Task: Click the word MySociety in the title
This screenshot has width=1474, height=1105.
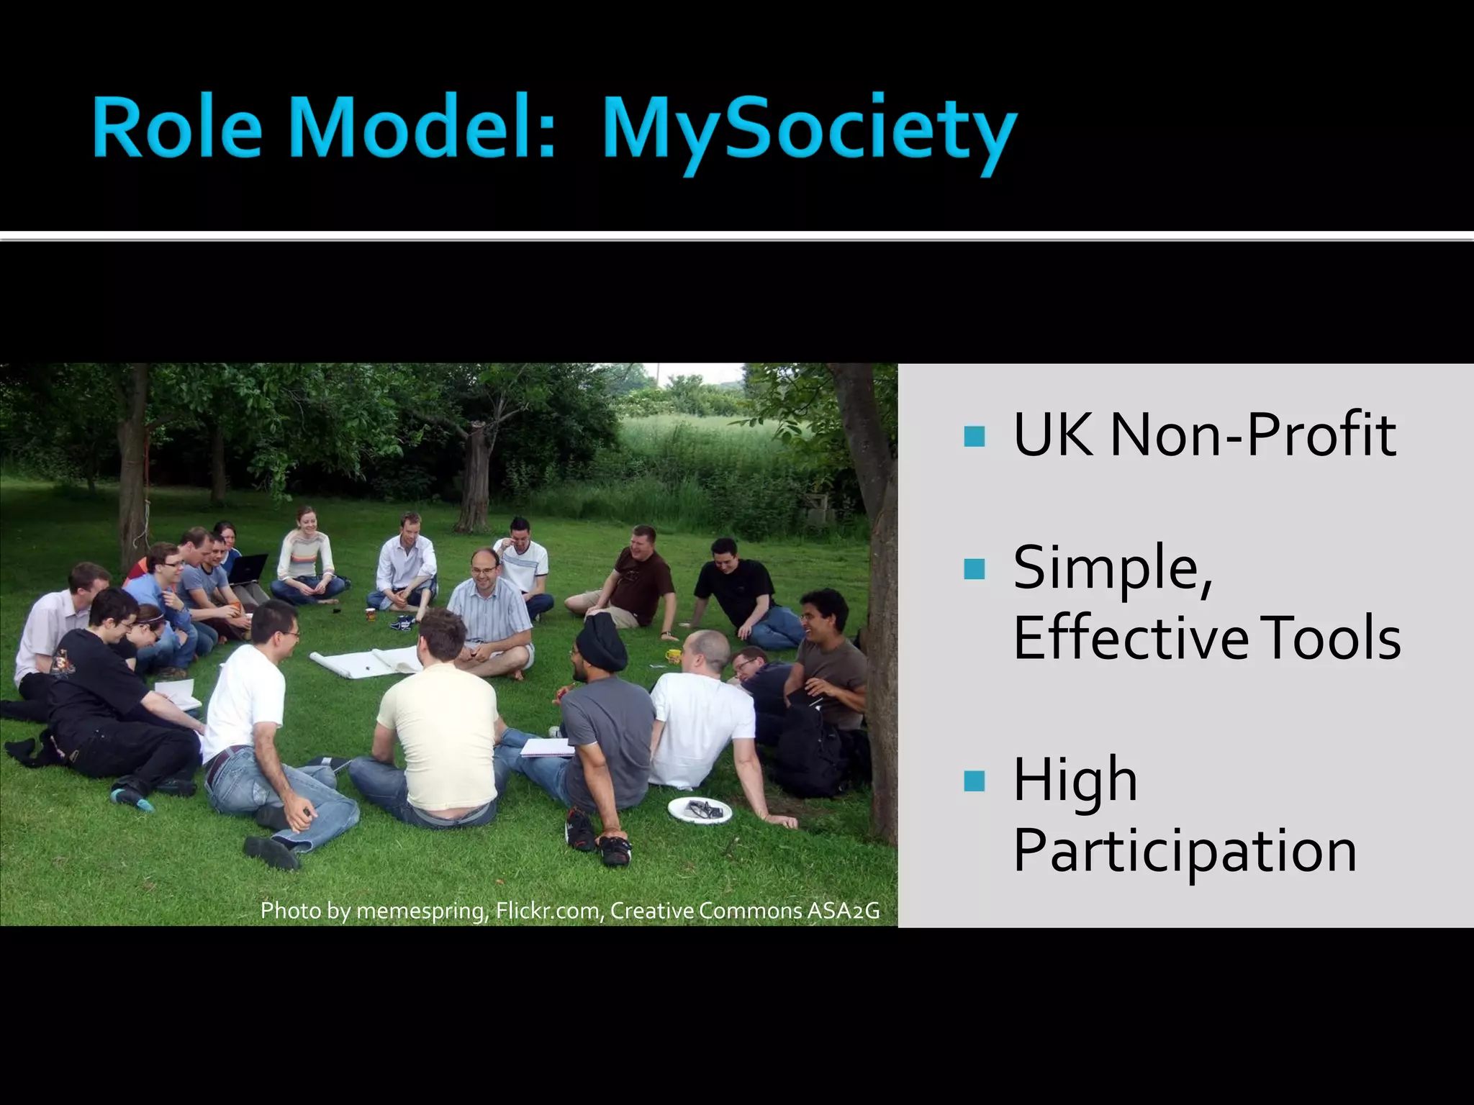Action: pyautogui.click(x=810, y=129)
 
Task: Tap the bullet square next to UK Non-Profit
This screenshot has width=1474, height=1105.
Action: pyautogui.click(x=974, y=436)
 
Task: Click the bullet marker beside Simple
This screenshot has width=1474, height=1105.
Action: pyautogui.click(x=974, y=569)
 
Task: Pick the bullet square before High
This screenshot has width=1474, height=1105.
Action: pyautogui.click(x=974, y=781)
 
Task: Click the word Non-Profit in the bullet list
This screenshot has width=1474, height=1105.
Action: pyautogui.click(x=1253, y=435)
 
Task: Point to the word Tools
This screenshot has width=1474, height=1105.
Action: pyautogui.click(x=1331, y=638)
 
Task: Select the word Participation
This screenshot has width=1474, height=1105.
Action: pyautogui.click(x=1185, y=851)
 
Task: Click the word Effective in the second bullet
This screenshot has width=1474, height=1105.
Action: pyautogui.click(x=1131, y=638)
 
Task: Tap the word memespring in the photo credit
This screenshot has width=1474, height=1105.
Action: pyautogui.click(x=422, y=911)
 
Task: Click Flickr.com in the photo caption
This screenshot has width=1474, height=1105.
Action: pyautogui.click(x=547, y=911)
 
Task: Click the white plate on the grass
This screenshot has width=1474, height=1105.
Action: pyautogui.click(x=700, y=811)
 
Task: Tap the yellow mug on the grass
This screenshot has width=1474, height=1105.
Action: pyautogui.click(x=673, y=655)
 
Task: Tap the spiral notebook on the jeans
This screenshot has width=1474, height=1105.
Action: pyautogui.click(x=547, y=748)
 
